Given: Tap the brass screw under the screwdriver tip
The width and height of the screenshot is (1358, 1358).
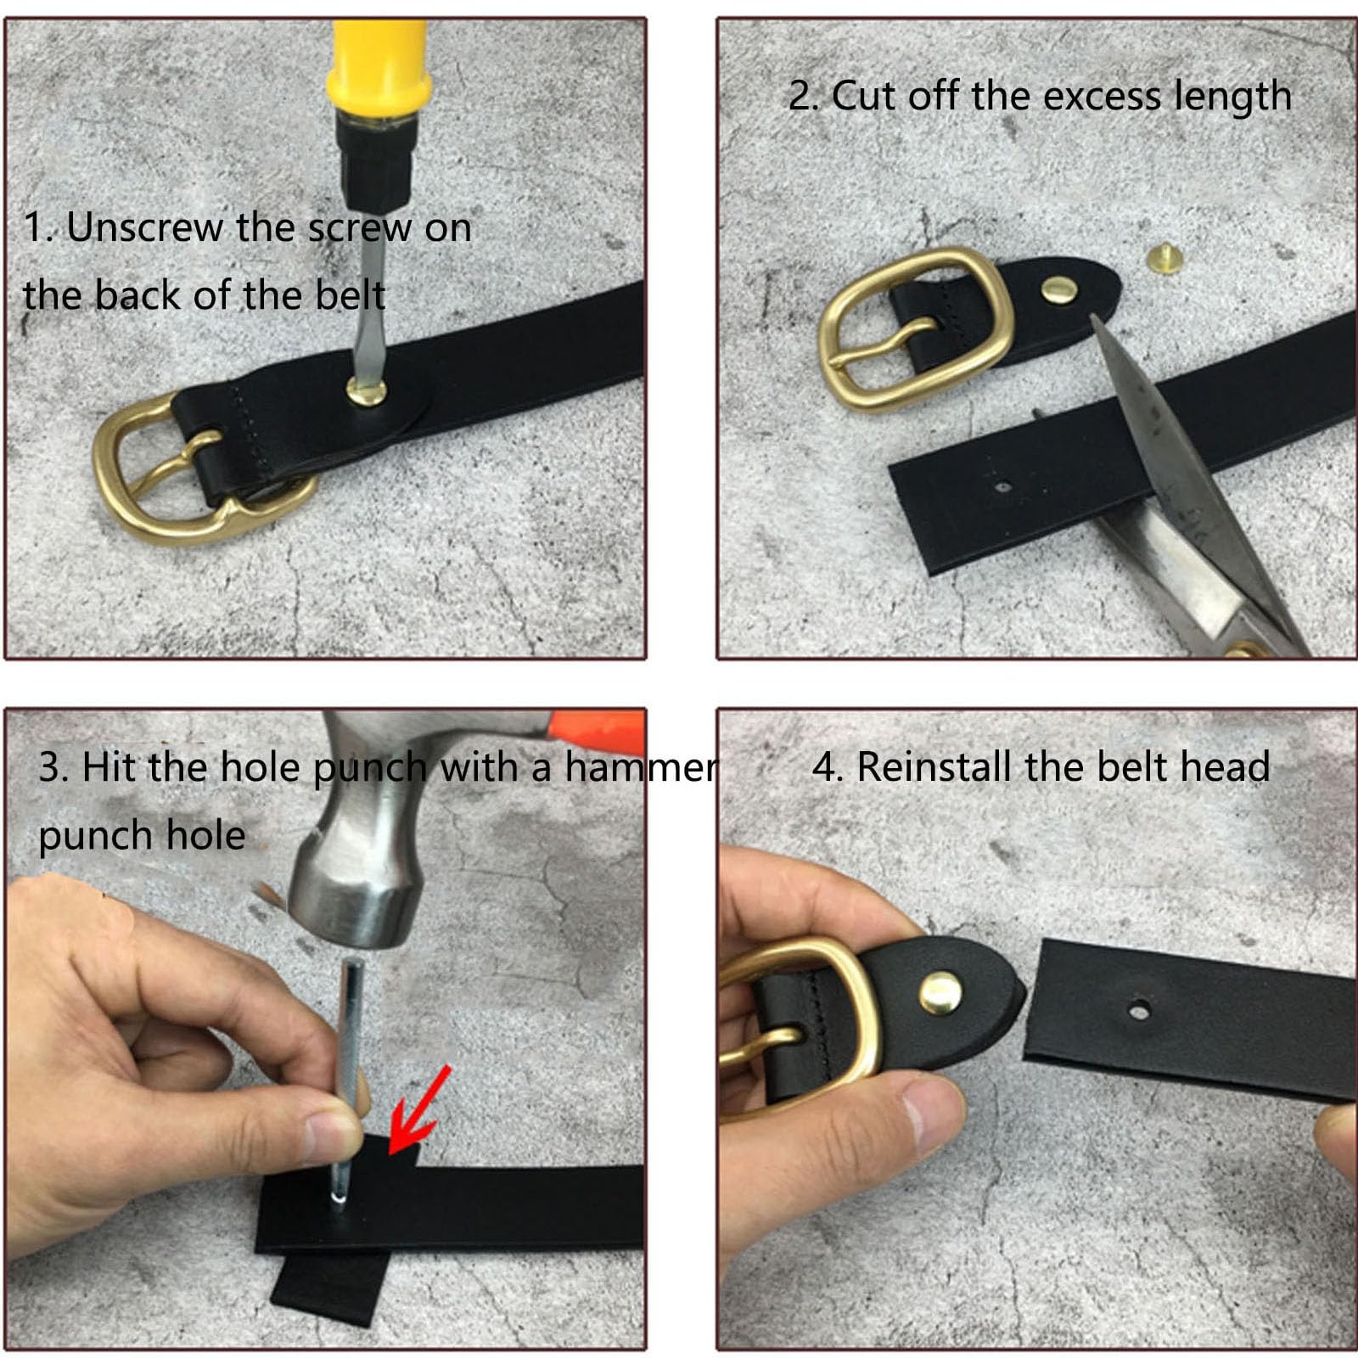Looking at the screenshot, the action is pyautogui.click(x=367, y=391).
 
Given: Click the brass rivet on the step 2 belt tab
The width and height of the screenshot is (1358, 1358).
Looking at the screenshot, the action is pyautogui.click(x=1061, y=291).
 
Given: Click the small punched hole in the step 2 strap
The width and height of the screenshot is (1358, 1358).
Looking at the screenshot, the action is pyautogui.click(x=1002, y=488).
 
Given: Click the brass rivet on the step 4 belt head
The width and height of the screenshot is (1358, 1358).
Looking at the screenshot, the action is pyautogui.click(x=941, y=990).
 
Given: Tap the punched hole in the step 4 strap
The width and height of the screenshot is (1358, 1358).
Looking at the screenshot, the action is pyautogui.click(x=1139, y=1010).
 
